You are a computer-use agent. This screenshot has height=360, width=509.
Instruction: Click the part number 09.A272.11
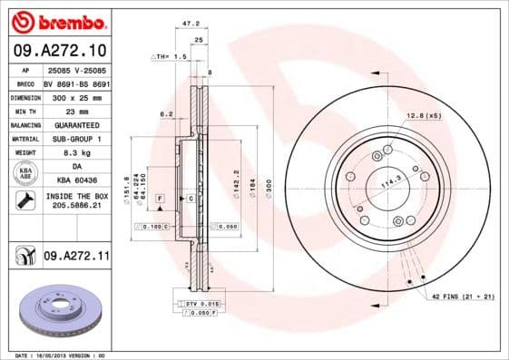76,258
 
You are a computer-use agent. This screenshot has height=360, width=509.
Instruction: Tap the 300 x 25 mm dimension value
76,96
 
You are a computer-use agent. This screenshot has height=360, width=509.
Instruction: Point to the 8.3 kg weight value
76,152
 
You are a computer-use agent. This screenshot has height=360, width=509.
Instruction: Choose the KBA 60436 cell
76,180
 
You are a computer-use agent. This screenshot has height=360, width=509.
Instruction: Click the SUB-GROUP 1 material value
76,139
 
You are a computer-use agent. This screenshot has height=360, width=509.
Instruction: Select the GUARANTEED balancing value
76,124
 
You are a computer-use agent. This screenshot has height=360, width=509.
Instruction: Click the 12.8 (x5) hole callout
423,115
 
